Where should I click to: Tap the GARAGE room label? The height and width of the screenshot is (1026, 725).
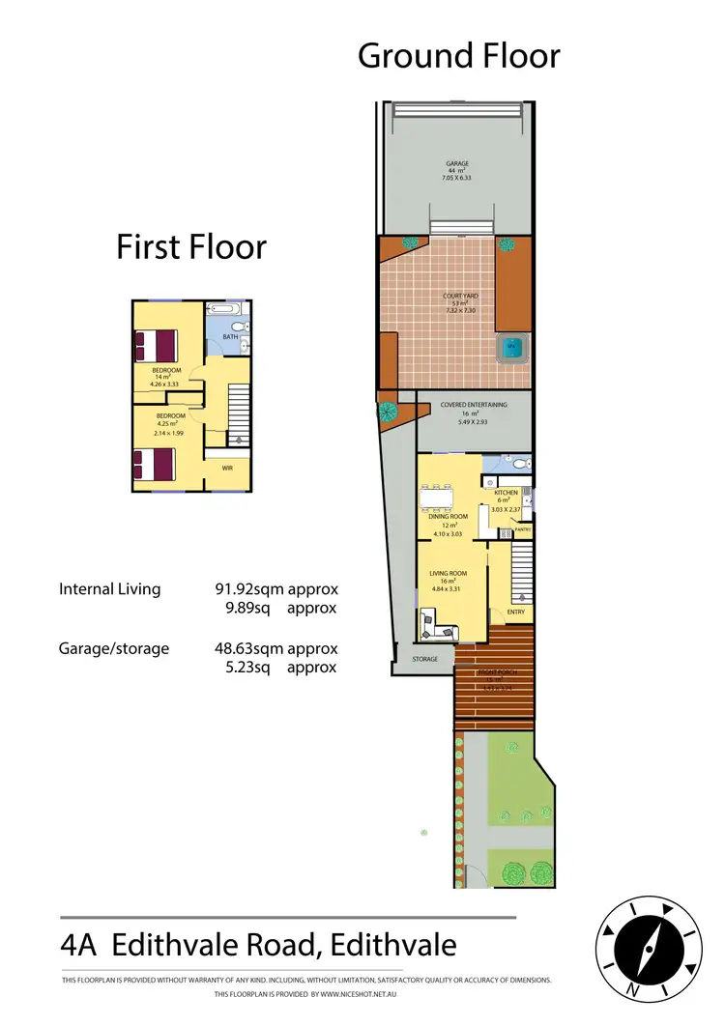click(457, 164)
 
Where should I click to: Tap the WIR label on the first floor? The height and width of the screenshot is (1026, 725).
click(227, 468)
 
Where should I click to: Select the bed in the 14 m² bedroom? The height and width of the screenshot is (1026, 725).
click(157, 345)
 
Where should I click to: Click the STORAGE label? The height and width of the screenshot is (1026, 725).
click(424, 659)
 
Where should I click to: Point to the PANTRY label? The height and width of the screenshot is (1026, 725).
click(523, 529)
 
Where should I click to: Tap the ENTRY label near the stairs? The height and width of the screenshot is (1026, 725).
click(515, 612)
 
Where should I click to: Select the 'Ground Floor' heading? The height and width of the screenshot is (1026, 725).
click(458, 56)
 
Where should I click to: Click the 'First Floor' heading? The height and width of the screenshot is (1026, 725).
click(191, 246)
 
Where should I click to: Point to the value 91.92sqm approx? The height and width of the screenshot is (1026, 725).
click(275, 588)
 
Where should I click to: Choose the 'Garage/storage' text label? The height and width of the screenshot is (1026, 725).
click(114, 648)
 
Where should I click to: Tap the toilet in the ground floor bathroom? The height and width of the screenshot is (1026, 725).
click(520, 465)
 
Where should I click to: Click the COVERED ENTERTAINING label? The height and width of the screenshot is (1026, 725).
click(474, 405)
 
